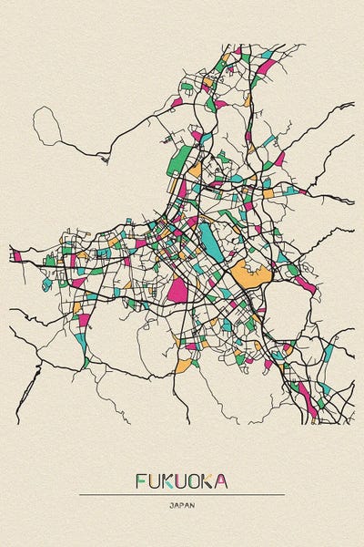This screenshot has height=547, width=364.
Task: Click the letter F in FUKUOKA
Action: pos(142,480)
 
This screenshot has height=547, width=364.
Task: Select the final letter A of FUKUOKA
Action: pos(223,480)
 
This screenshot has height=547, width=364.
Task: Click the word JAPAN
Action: pos(182,504)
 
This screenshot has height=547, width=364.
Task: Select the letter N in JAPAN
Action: pos(192,504)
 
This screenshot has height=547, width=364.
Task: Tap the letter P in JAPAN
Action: pos(182,504)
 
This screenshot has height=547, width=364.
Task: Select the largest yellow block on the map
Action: pos(250,274)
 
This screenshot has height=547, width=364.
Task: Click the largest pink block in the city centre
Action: pos(178,291)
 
